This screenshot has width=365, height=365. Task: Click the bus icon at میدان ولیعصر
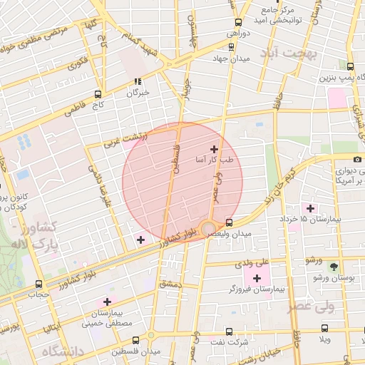coord(228,222)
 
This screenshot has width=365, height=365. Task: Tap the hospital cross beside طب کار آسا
coord(213,149)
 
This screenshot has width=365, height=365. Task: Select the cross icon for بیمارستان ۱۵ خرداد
coord(310,208)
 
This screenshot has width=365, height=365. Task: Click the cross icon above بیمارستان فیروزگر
coord(257,277)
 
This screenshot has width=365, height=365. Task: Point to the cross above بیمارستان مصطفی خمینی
coord(108,302)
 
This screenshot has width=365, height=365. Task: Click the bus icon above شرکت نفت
coord(228,331)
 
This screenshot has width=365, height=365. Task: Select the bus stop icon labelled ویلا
coord(325,329)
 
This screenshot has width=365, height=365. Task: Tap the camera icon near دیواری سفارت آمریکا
coord(357,159)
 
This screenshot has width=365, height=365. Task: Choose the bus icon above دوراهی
coord(237,22)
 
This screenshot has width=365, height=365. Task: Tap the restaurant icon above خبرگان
coord(138,81)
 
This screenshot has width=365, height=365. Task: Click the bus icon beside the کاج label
coord(98,93)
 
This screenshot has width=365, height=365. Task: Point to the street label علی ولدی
coord(256,262)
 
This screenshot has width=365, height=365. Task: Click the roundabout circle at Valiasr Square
coord(208,229)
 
